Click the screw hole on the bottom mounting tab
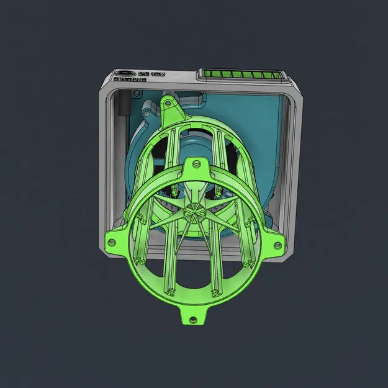pos(192,319)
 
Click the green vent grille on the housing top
pos(242,76)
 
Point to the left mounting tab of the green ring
pos(117,238)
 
